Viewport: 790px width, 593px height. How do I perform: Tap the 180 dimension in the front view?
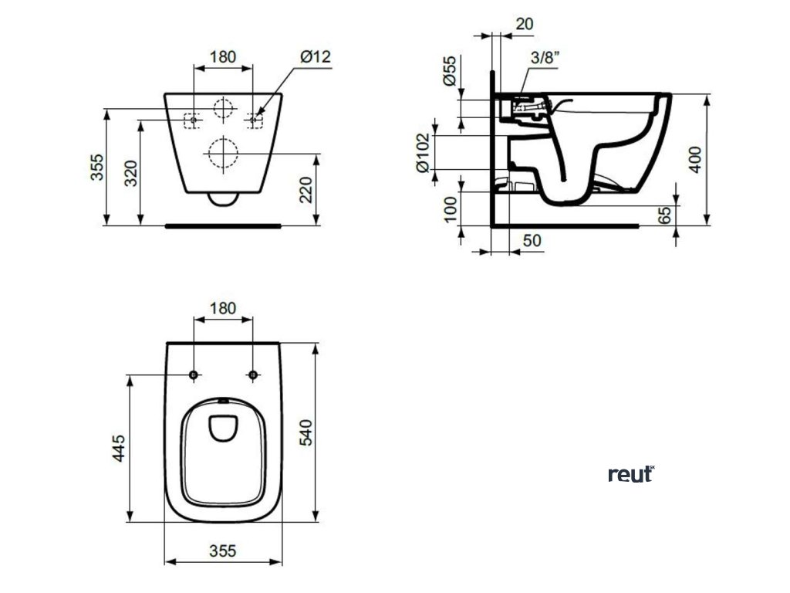222,56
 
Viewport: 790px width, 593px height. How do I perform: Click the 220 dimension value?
308,190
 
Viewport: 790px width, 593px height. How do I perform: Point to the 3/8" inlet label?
545,56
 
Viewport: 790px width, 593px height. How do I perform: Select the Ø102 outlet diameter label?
422,153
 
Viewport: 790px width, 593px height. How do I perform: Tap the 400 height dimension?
696,159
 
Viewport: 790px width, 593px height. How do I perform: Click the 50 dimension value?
532,241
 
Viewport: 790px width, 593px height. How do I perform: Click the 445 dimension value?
119,449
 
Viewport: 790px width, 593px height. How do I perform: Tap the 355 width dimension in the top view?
222,551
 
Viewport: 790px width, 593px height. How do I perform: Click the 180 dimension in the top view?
222,308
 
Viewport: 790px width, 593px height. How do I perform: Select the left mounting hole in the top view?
193,375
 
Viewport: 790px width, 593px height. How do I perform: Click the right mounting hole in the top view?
252,375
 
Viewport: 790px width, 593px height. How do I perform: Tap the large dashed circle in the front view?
222,153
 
